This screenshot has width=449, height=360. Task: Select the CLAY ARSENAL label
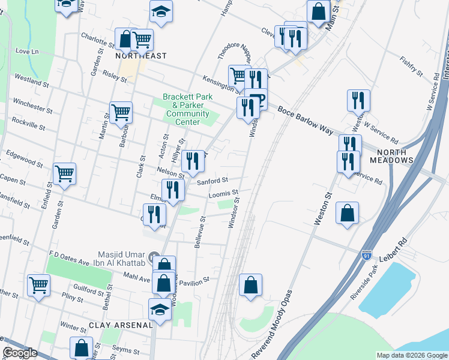[x=121, y=325]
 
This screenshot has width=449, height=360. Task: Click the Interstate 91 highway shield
[x=366, y=256]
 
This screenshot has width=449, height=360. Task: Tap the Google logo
[x=20, y=353]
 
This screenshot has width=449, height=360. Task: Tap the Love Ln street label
[x=26, y=51]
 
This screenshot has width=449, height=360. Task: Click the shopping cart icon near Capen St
[x=64, y=173]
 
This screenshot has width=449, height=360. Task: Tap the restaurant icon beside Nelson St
[x=193, y=160]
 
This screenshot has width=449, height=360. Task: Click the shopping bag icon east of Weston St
[x=347, y=212]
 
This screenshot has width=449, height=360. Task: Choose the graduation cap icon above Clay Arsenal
[x=160, y=309]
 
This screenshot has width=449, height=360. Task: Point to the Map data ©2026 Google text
[x=411, y=355]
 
